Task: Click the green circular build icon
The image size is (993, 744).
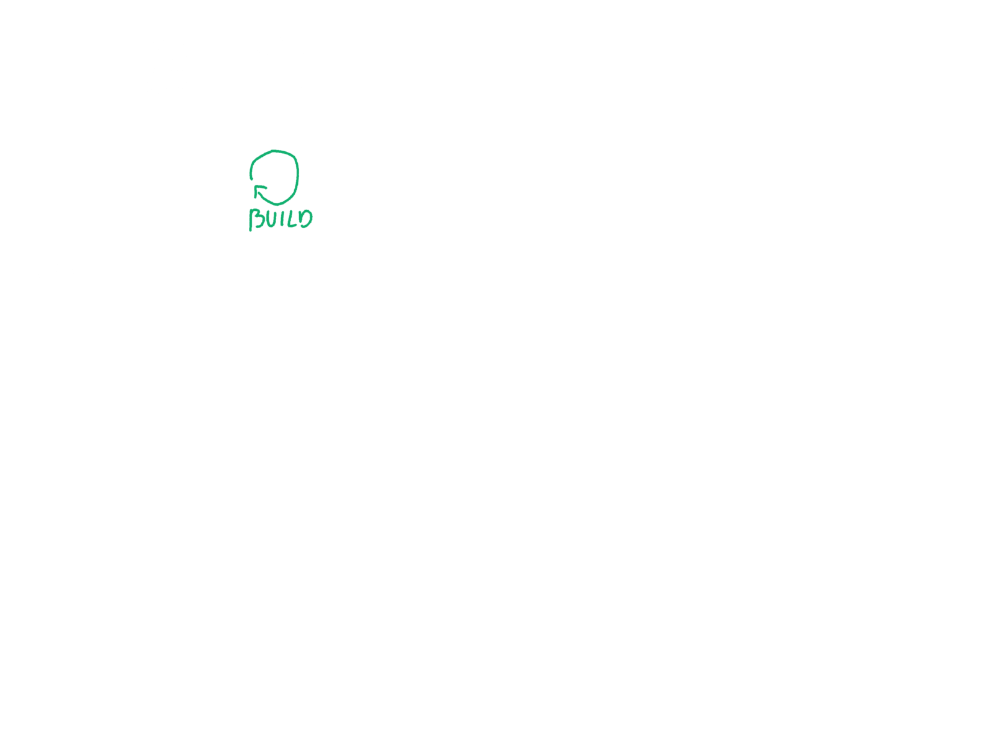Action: click(x=275, y=177)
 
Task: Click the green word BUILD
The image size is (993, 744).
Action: click(x=281, y=219)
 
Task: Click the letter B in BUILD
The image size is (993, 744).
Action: click(x=256, y=219)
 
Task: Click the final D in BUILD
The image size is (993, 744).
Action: click(x=305, y=218)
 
